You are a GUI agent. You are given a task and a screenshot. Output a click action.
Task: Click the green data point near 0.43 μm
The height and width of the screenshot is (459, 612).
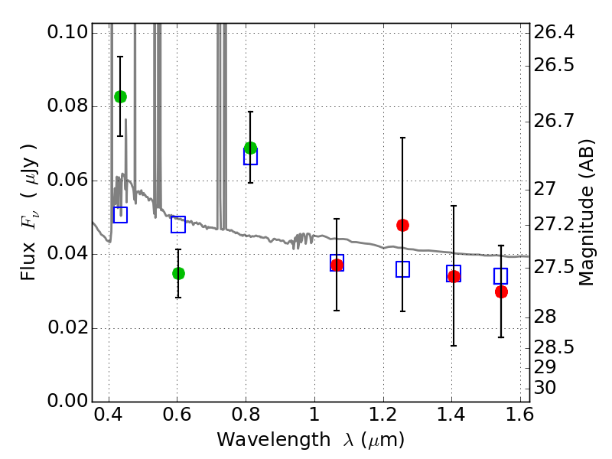click(x=120, y=96)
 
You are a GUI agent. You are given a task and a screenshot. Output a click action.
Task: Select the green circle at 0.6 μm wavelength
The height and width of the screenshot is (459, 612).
click(x=178, y=274)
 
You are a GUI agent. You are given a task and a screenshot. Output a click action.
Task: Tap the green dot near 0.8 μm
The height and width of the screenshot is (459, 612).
click(x=251, y=148)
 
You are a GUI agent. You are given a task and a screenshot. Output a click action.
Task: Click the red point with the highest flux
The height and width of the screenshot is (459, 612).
click(x=403, y=225)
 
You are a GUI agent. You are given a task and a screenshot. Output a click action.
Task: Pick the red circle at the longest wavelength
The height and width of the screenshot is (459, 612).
click(x=502, y=291)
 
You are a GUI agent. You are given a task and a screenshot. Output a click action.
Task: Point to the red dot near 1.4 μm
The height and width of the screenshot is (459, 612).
click(x=454, y=277)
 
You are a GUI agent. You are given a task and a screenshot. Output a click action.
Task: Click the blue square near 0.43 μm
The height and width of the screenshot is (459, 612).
click(x=120, y=215)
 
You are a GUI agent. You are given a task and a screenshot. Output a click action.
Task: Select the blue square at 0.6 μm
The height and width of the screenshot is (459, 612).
click(x=178, y=224)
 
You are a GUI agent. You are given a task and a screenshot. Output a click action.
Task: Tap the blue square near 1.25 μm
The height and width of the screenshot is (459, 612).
click(x=403, y=269)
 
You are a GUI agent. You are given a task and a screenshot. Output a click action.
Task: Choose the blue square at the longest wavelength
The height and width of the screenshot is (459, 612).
click(x=501, y=276)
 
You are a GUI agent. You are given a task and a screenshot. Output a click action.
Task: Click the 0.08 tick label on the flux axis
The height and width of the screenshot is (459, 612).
click(x=67, y=106)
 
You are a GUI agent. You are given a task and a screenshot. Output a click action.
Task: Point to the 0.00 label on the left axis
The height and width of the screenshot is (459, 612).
click(x=67, y=400)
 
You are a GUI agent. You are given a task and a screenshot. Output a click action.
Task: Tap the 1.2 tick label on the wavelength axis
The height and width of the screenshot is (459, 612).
click(x=383, y=415)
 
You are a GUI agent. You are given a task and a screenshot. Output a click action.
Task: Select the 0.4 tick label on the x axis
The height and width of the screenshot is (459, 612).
click(x=109, y=415)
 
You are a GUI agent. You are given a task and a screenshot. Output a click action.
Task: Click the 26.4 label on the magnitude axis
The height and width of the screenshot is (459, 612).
click(x=554, y=32)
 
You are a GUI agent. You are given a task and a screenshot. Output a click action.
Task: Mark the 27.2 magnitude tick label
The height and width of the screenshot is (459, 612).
click(x=554, y=224)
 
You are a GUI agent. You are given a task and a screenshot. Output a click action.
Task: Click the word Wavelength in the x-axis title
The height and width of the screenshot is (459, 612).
click(x=274, y=440)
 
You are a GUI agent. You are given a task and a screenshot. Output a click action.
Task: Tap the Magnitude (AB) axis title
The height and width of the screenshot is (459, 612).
click(x=586, y=213)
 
